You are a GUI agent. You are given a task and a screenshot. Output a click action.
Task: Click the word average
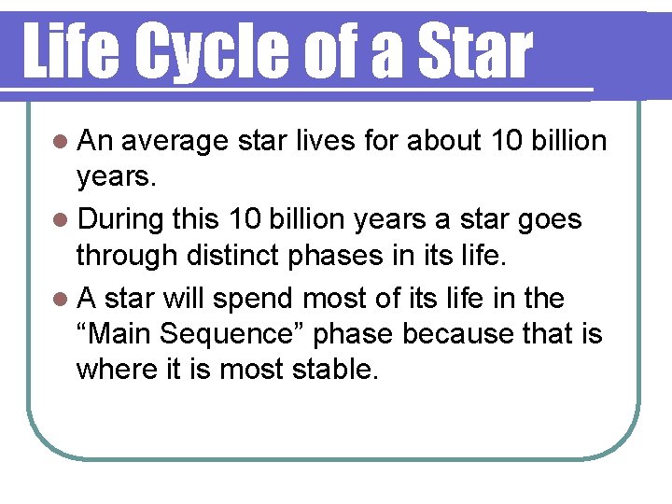tap(175, 143)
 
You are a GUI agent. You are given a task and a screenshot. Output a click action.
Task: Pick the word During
tap(123, 220)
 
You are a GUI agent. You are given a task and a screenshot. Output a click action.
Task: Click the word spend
tap(252, 300)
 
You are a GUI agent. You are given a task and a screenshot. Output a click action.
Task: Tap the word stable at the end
tap(335, 370)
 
